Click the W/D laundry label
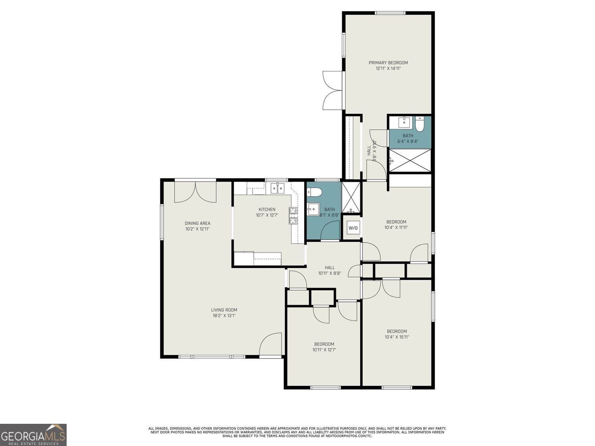click(x=353, y=228)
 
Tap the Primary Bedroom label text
click(x=388, y=63)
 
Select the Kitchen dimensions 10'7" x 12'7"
click(x=267, y=215)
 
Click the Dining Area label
click(x=197, y=223)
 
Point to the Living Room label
click(x=224, y=310)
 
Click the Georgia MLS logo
click(x=33, y=435)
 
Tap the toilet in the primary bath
click(x=420, y=124)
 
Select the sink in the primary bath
click(x=404, y=122)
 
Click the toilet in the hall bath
click(x=314, y=193)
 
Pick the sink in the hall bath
click(x=313, y=209)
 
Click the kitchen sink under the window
click(x=278, y=188)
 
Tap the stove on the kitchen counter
click(x=294, y=216)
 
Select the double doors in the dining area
click(x=196, y=192)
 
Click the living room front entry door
click(x=271, y=344)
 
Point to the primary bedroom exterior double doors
click(x=332, y=90)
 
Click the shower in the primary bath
click(x=410, y=161)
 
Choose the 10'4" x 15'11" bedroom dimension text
click(x=397, y=337)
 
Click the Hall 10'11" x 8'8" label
click(x=330, y=270)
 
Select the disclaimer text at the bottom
click(x=297, y=432)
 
